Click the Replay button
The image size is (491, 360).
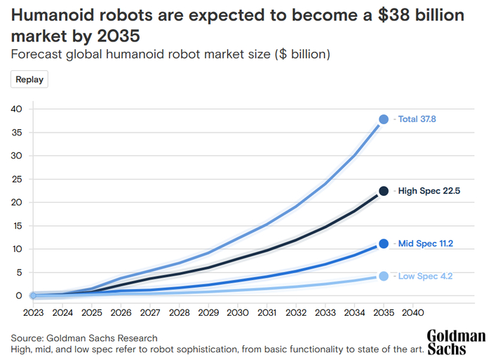[29, 79]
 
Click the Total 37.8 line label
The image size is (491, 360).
[419, 119]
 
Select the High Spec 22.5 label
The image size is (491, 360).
[429, 191]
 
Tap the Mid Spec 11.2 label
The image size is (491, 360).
[425, 244]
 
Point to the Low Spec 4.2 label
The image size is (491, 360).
[425, 276]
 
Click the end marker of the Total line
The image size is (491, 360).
[384, 119]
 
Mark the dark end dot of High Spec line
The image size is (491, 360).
[384, 191]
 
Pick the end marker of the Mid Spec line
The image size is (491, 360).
[384, 244]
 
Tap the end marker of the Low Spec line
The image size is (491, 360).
[384, 276]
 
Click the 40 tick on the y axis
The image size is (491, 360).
[17, 109]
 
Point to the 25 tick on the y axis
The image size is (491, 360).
[17, 179]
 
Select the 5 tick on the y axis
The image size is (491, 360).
[20, 272]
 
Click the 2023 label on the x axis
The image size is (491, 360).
[33, 312]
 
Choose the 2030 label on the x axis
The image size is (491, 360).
[237, 312]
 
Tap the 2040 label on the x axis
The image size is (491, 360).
[413, 312]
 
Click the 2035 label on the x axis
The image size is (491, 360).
[384, 312]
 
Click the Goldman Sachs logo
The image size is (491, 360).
[455, 342]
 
